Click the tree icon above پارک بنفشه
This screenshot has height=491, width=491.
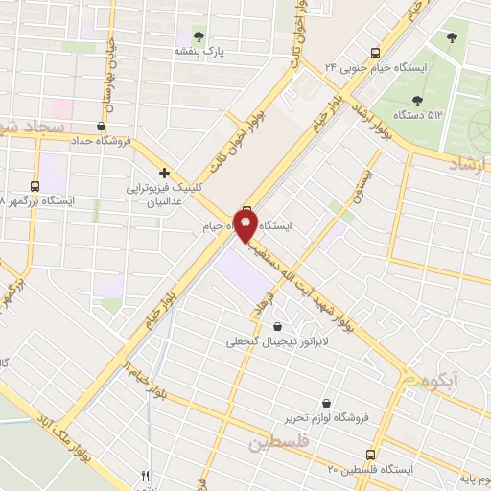(199, 35)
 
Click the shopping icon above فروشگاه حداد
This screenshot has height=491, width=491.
(102, 125)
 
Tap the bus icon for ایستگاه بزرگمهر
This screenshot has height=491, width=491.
(35, 186)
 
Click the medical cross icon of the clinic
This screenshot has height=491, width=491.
(165, 174)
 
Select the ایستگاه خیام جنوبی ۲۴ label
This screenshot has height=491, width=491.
(376, 67)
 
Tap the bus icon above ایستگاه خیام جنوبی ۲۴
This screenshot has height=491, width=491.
(376, 52)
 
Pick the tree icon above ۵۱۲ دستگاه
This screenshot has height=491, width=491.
(417, 100)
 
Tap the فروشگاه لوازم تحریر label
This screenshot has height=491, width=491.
(328, 419)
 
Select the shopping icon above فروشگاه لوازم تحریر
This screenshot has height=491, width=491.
(328, 403)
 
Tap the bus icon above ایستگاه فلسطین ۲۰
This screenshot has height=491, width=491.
(369, 453)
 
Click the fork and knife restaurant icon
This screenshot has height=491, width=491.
(146, 475)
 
